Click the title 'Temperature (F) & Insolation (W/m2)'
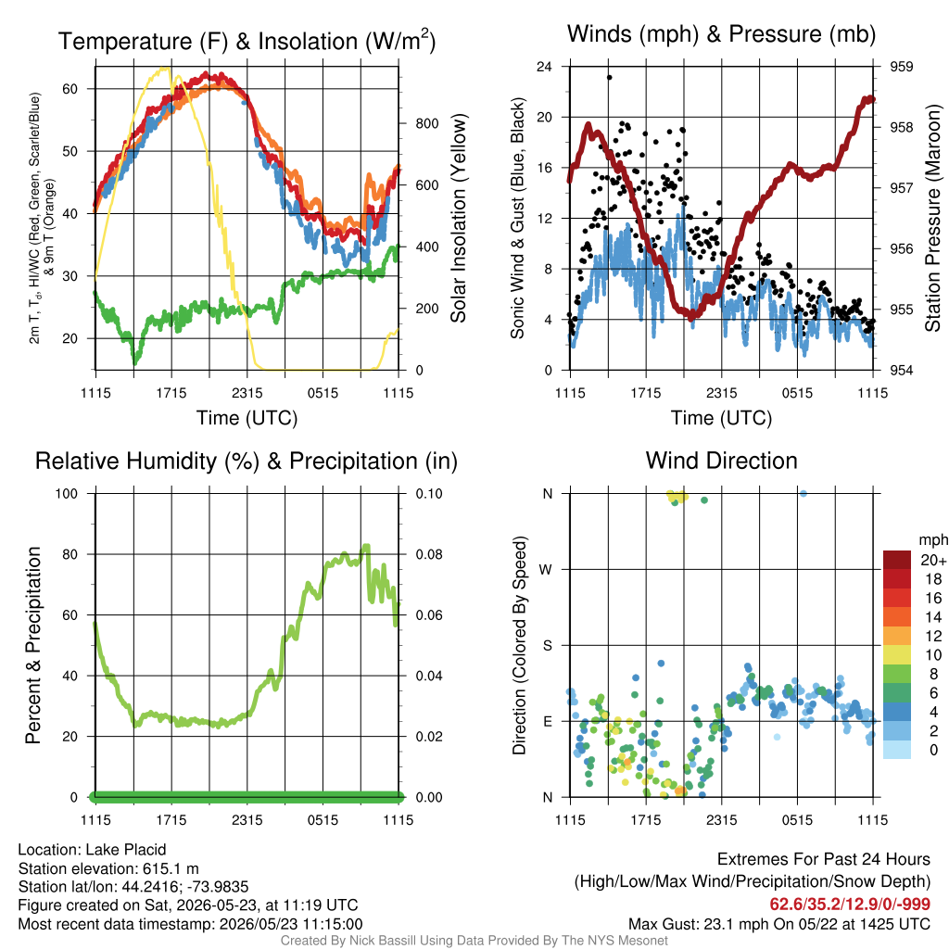(x=247, y=41)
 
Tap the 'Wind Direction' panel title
(x=721, y=461)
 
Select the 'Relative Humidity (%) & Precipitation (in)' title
(x=247, y=462)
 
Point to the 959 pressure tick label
(x=901, y=67)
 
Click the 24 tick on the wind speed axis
(x=544, y=67)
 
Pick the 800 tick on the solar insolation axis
(x=426, y=123)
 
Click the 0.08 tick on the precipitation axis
(x=429, y=554)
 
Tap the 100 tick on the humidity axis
(x=67, y=493)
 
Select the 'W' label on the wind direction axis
(x=545, y=570)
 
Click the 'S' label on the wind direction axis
(x=547, y=646)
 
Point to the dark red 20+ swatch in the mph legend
(x=897, y=560)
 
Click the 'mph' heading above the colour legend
(x=933, y=540)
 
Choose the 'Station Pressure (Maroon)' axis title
(x=932, y=218)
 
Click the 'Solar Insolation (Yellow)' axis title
(x=458, y=218)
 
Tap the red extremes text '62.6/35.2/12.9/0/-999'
(x=850, y=905)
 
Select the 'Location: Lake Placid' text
(x=92, y=850)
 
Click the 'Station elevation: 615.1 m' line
(x=108, y=868)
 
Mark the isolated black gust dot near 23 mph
(x=610, y=78)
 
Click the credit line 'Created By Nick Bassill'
(x=474, y=941)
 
